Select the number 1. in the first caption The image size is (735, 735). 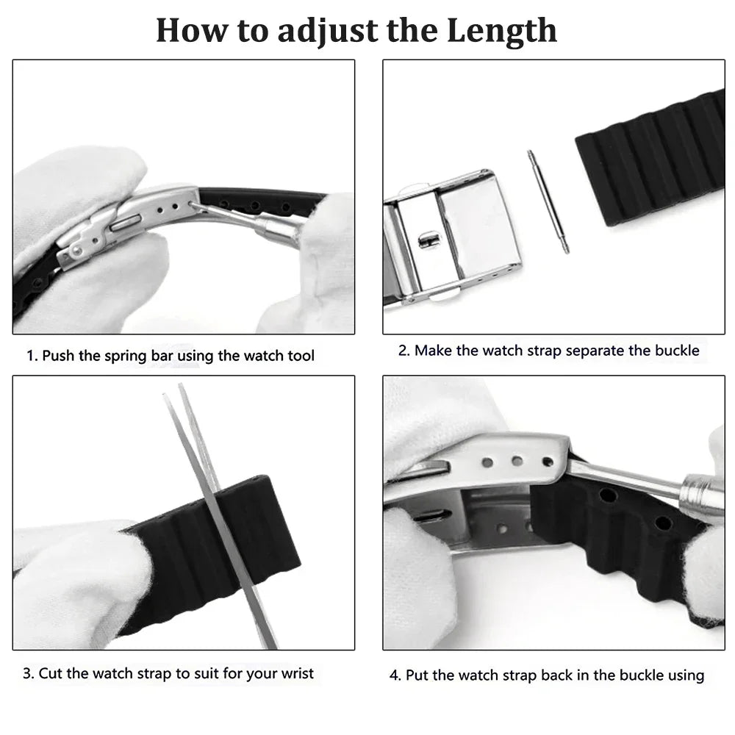tap(32, 356)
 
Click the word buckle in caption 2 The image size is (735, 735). tap(676, 351)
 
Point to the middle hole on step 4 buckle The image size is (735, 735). tap(517, 462)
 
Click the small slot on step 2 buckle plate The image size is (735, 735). tap(424, 240)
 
